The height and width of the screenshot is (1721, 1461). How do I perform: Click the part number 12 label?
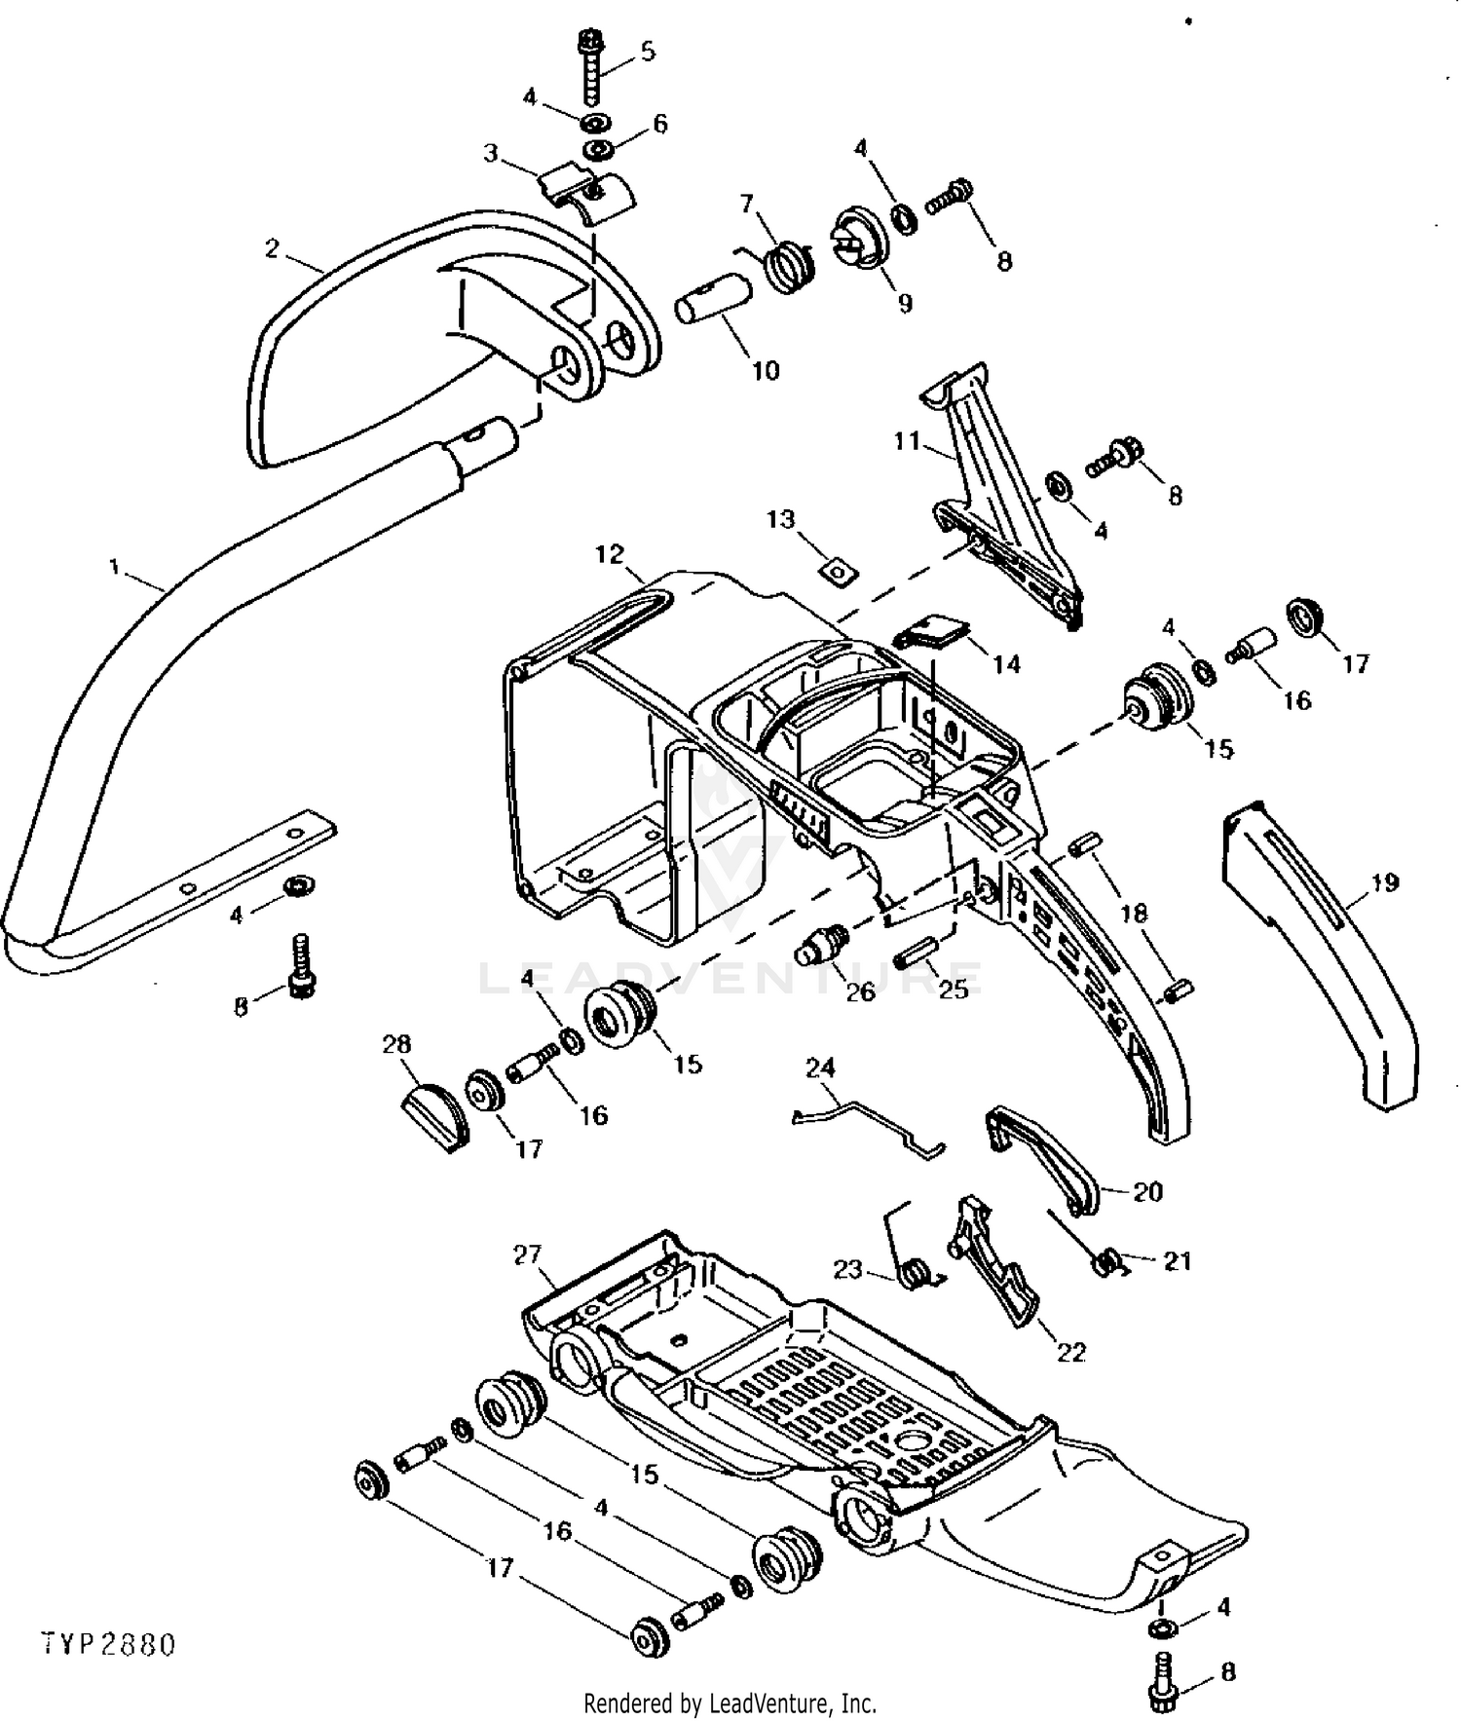tap(610, 554)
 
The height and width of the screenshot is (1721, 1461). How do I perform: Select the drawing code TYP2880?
tap(109, 1645)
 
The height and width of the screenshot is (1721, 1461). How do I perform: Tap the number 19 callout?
tap(1384, 882)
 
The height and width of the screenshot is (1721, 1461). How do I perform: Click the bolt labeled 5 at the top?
tap(592, 69)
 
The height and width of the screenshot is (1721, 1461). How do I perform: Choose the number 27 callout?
tap(527, 1254)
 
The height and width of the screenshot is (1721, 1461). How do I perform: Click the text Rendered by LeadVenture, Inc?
tap(730, 1703)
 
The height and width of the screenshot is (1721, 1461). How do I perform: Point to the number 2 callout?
tap(272, 248)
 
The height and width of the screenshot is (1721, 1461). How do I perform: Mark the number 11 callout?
tap(908, 441)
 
